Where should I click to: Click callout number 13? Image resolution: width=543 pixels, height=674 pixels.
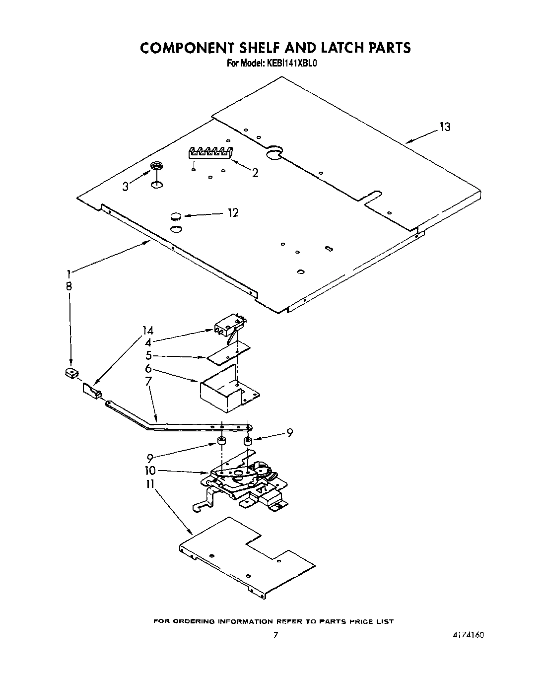pos(445,127)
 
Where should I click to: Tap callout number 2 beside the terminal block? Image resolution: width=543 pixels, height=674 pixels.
pos(255,173)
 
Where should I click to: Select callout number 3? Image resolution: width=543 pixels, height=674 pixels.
pos(126,186)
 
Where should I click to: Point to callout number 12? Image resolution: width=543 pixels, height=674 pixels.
pos(233,213)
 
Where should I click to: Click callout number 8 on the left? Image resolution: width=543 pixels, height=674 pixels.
pos(68,286)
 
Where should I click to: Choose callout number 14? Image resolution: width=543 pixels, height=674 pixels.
pos(147,331)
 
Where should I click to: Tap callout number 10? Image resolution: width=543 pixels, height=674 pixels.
pos(149,471)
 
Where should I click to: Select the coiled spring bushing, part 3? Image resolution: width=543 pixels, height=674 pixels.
pos(157,167)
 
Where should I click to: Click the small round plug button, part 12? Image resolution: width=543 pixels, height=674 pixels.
pos(176,216)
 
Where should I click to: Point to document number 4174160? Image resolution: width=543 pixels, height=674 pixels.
pos(468,635)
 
